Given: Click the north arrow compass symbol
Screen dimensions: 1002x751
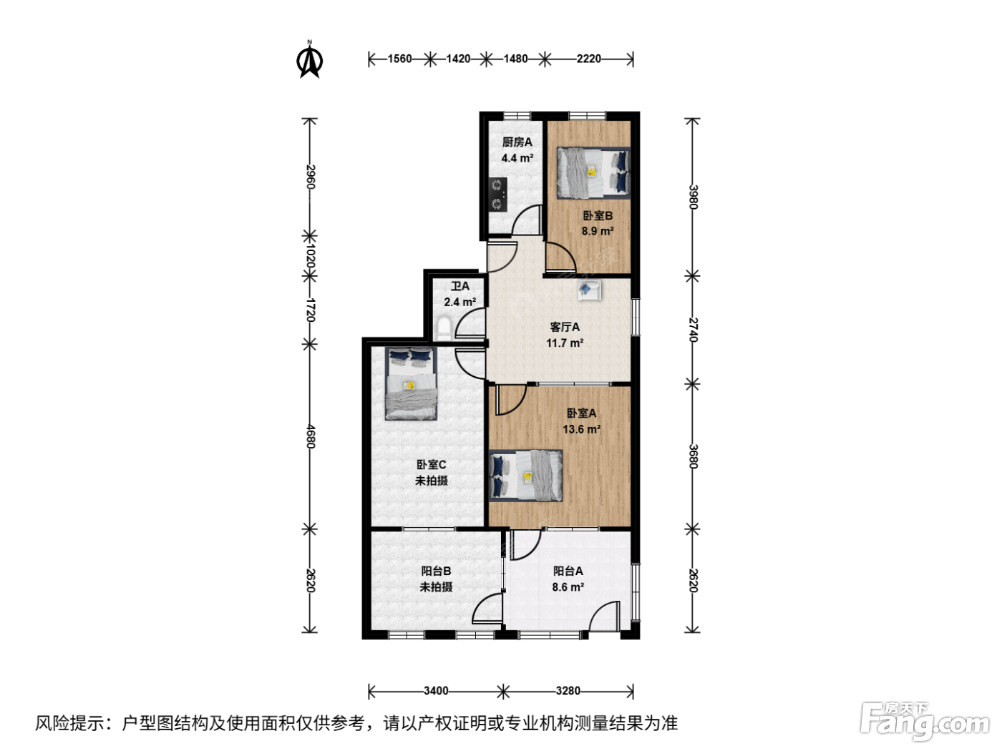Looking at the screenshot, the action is (x=309, y=60).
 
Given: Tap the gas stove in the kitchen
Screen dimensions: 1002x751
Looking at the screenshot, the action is (x=498, y=194).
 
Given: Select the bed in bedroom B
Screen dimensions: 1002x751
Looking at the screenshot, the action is (x=593, y=172).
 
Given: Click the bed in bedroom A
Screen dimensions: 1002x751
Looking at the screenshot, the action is (x=525, y=476).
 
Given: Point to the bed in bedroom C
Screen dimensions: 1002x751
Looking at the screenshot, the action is (x=412, y=383).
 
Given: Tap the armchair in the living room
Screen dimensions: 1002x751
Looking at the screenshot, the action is (x=589, y=290).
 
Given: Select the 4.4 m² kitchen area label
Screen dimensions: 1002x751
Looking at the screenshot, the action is (x=517, y=158).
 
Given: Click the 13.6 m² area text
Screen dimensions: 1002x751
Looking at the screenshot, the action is (x=581, y=429).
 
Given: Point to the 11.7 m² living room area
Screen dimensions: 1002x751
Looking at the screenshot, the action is (x=565, y=343).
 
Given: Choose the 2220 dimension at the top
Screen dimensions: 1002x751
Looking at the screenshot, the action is (x=588, y=59).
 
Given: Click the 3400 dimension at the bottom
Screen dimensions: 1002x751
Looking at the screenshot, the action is (x=435, y=691).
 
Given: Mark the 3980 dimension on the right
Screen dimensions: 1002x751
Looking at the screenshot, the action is (x=693, y=197).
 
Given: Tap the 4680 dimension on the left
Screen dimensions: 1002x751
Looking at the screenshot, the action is (x=311, y=436).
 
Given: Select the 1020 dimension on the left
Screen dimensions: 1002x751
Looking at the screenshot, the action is (x=311, y=256).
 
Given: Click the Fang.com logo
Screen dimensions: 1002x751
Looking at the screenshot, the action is (x=925, y=721).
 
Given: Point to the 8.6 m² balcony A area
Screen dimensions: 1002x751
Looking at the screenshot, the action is (x=568, y=586).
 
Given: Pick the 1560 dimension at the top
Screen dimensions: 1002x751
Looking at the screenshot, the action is (x=399, y=59).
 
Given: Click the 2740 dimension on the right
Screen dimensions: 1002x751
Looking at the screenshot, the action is (x=693, y=330).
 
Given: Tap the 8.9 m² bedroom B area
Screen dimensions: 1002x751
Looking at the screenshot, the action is (x=598, y=231).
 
